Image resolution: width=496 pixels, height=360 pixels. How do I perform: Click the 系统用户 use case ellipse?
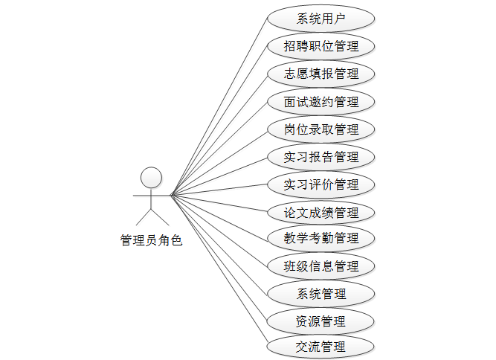321,19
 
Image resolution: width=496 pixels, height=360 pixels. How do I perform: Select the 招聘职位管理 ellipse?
321,46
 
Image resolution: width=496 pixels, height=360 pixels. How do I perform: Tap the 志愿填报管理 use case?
321,74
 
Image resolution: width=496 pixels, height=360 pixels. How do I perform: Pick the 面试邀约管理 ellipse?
321,101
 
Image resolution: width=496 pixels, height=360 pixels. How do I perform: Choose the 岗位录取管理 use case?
321,129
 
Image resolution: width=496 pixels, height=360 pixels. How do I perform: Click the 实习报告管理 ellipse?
321,156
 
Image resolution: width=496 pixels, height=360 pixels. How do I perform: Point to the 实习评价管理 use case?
321,184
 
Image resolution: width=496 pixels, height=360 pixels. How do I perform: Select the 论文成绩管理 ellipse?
321,212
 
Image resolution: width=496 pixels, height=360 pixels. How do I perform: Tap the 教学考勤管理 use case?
321,238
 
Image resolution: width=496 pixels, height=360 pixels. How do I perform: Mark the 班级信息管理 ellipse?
321,266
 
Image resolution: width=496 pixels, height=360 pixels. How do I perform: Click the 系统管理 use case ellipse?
321,293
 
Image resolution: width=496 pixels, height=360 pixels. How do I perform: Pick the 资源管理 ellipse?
321,321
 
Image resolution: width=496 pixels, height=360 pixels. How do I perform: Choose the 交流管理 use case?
321,346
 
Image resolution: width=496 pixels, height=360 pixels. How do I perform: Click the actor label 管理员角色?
151,240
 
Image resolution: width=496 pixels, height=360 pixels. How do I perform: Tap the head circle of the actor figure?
151,177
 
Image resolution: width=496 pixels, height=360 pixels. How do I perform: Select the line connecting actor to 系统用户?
219,107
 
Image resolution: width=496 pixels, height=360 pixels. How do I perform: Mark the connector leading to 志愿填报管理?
219,135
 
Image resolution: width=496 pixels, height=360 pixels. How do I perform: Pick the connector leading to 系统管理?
219,244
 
